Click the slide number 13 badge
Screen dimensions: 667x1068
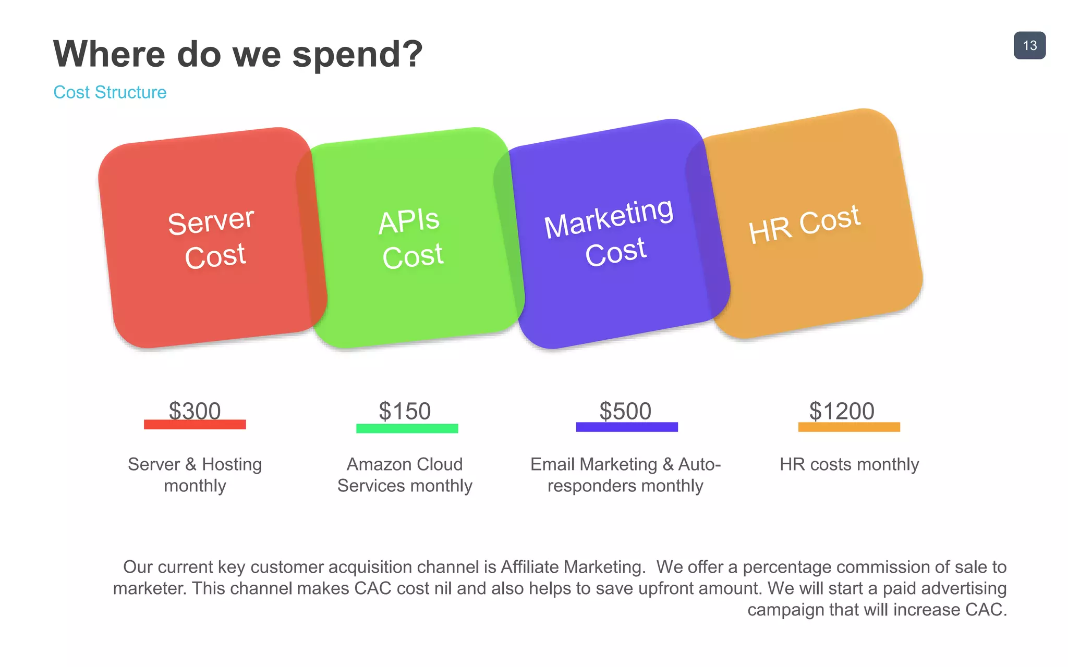click(1029, 45)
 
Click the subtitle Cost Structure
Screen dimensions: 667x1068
click(110, 92)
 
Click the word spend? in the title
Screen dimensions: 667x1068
click(357, 54)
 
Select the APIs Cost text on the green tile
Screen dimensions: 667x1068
click(411, 239)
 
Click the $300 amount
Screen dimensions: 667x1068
click(195, 411)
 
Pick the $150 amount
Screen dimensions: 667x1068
click(405, 411)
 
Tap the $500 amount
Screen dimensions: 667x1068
click(625, 411)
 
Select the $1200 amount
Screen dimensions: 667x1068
click(842, 411)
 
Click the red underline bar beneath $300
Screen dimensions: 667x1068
click(195, 425)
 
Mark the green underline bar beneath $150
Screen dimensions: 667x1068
click(407, 428)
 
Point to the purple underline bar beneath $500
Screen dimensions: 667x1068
click(627, 427)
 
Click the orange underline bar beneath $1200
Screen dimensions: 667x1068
click(849, 427)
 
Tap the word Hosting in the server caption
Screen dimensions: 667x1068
click(232, 464)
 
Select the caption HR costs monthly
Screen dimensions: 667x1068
click(849, 464)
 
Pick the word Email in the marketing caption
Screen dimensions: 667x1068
click(553, 464)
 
